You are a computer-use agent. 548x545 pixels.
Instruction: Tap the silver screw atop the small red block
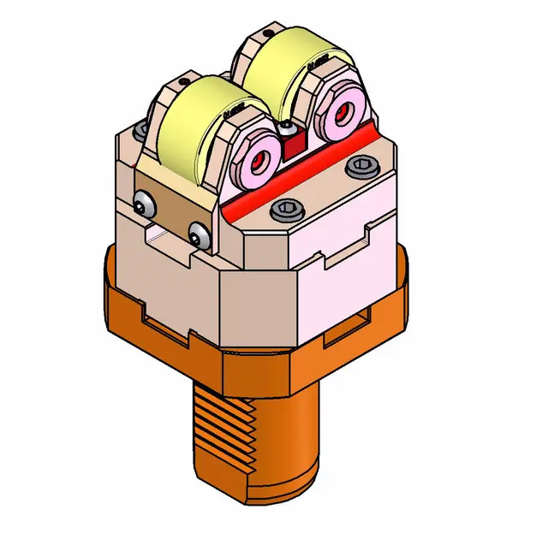285,128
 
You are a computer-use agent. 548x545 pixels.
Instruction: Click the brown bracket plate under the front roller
171,205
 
